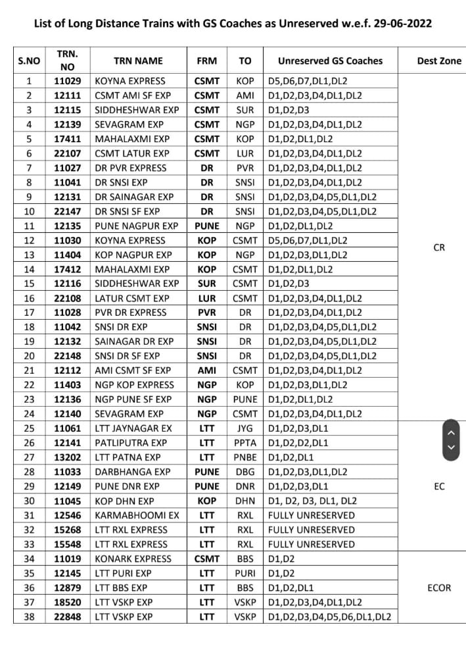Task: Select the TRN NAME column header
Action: pyautogui.click(x=137, y=61)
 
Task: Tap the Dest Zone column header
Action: pyautogui.click(x=439, y=61)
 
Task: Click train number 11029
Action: pyautogui.click(x=67, y=81)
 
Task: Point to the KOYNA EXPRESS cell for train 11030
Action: pyautogui.click(x=130, y=240)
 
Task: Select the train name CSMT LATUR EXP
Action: pyautogui.click(x=132, y=153)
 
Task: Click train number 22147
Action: pyautogui.click(x=67, y=211)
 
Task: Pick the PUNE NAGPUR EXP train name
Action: pyautogui.click(x=136, y=226)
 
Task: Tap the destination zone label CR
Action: pyautogui.click(x=439, y=247)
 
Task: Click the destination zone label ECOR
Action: pyautogui.click(x=439, y=588)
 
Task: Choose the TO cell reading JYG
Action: pyautogui.click(x=245, y=428)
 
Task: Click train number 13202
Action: pyautogui.click(x=67, y=457)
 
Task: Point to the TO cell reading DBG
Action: pyautogui.click(x=245, y=472)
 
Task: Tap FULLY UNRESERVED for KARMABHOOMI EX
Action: pyautogui.click(x=311, y=515)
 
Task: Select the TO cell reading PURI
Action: pyautogui.click(x=245, y=573)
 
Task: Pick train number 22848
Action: pyautogui.click(x=67, y=617)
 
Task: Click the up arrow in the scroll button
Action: pyautogui.click(x=451, y=432)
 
